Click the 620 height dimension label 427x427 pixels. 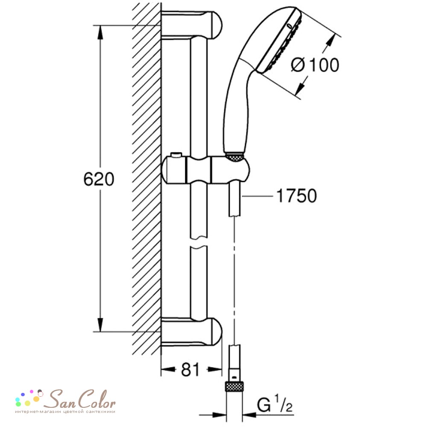(x=99, y=179)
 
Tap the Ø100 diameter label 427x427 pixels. (x=315, y=65)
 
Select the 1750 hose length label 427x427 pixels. (x=297, y=196)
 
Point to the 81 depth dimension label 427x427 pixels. (x=190, y=369)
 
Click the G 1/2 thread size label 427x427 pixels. (x=275, y=404)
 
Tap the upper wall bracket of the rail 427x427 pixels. (x=192, y=25)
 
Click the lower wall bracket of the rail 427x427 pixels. (x=192, y=332)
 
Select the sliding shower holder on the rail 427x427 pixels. (x=206, y=170)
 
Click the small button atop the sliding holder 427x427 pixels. (x=176, y=155)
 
